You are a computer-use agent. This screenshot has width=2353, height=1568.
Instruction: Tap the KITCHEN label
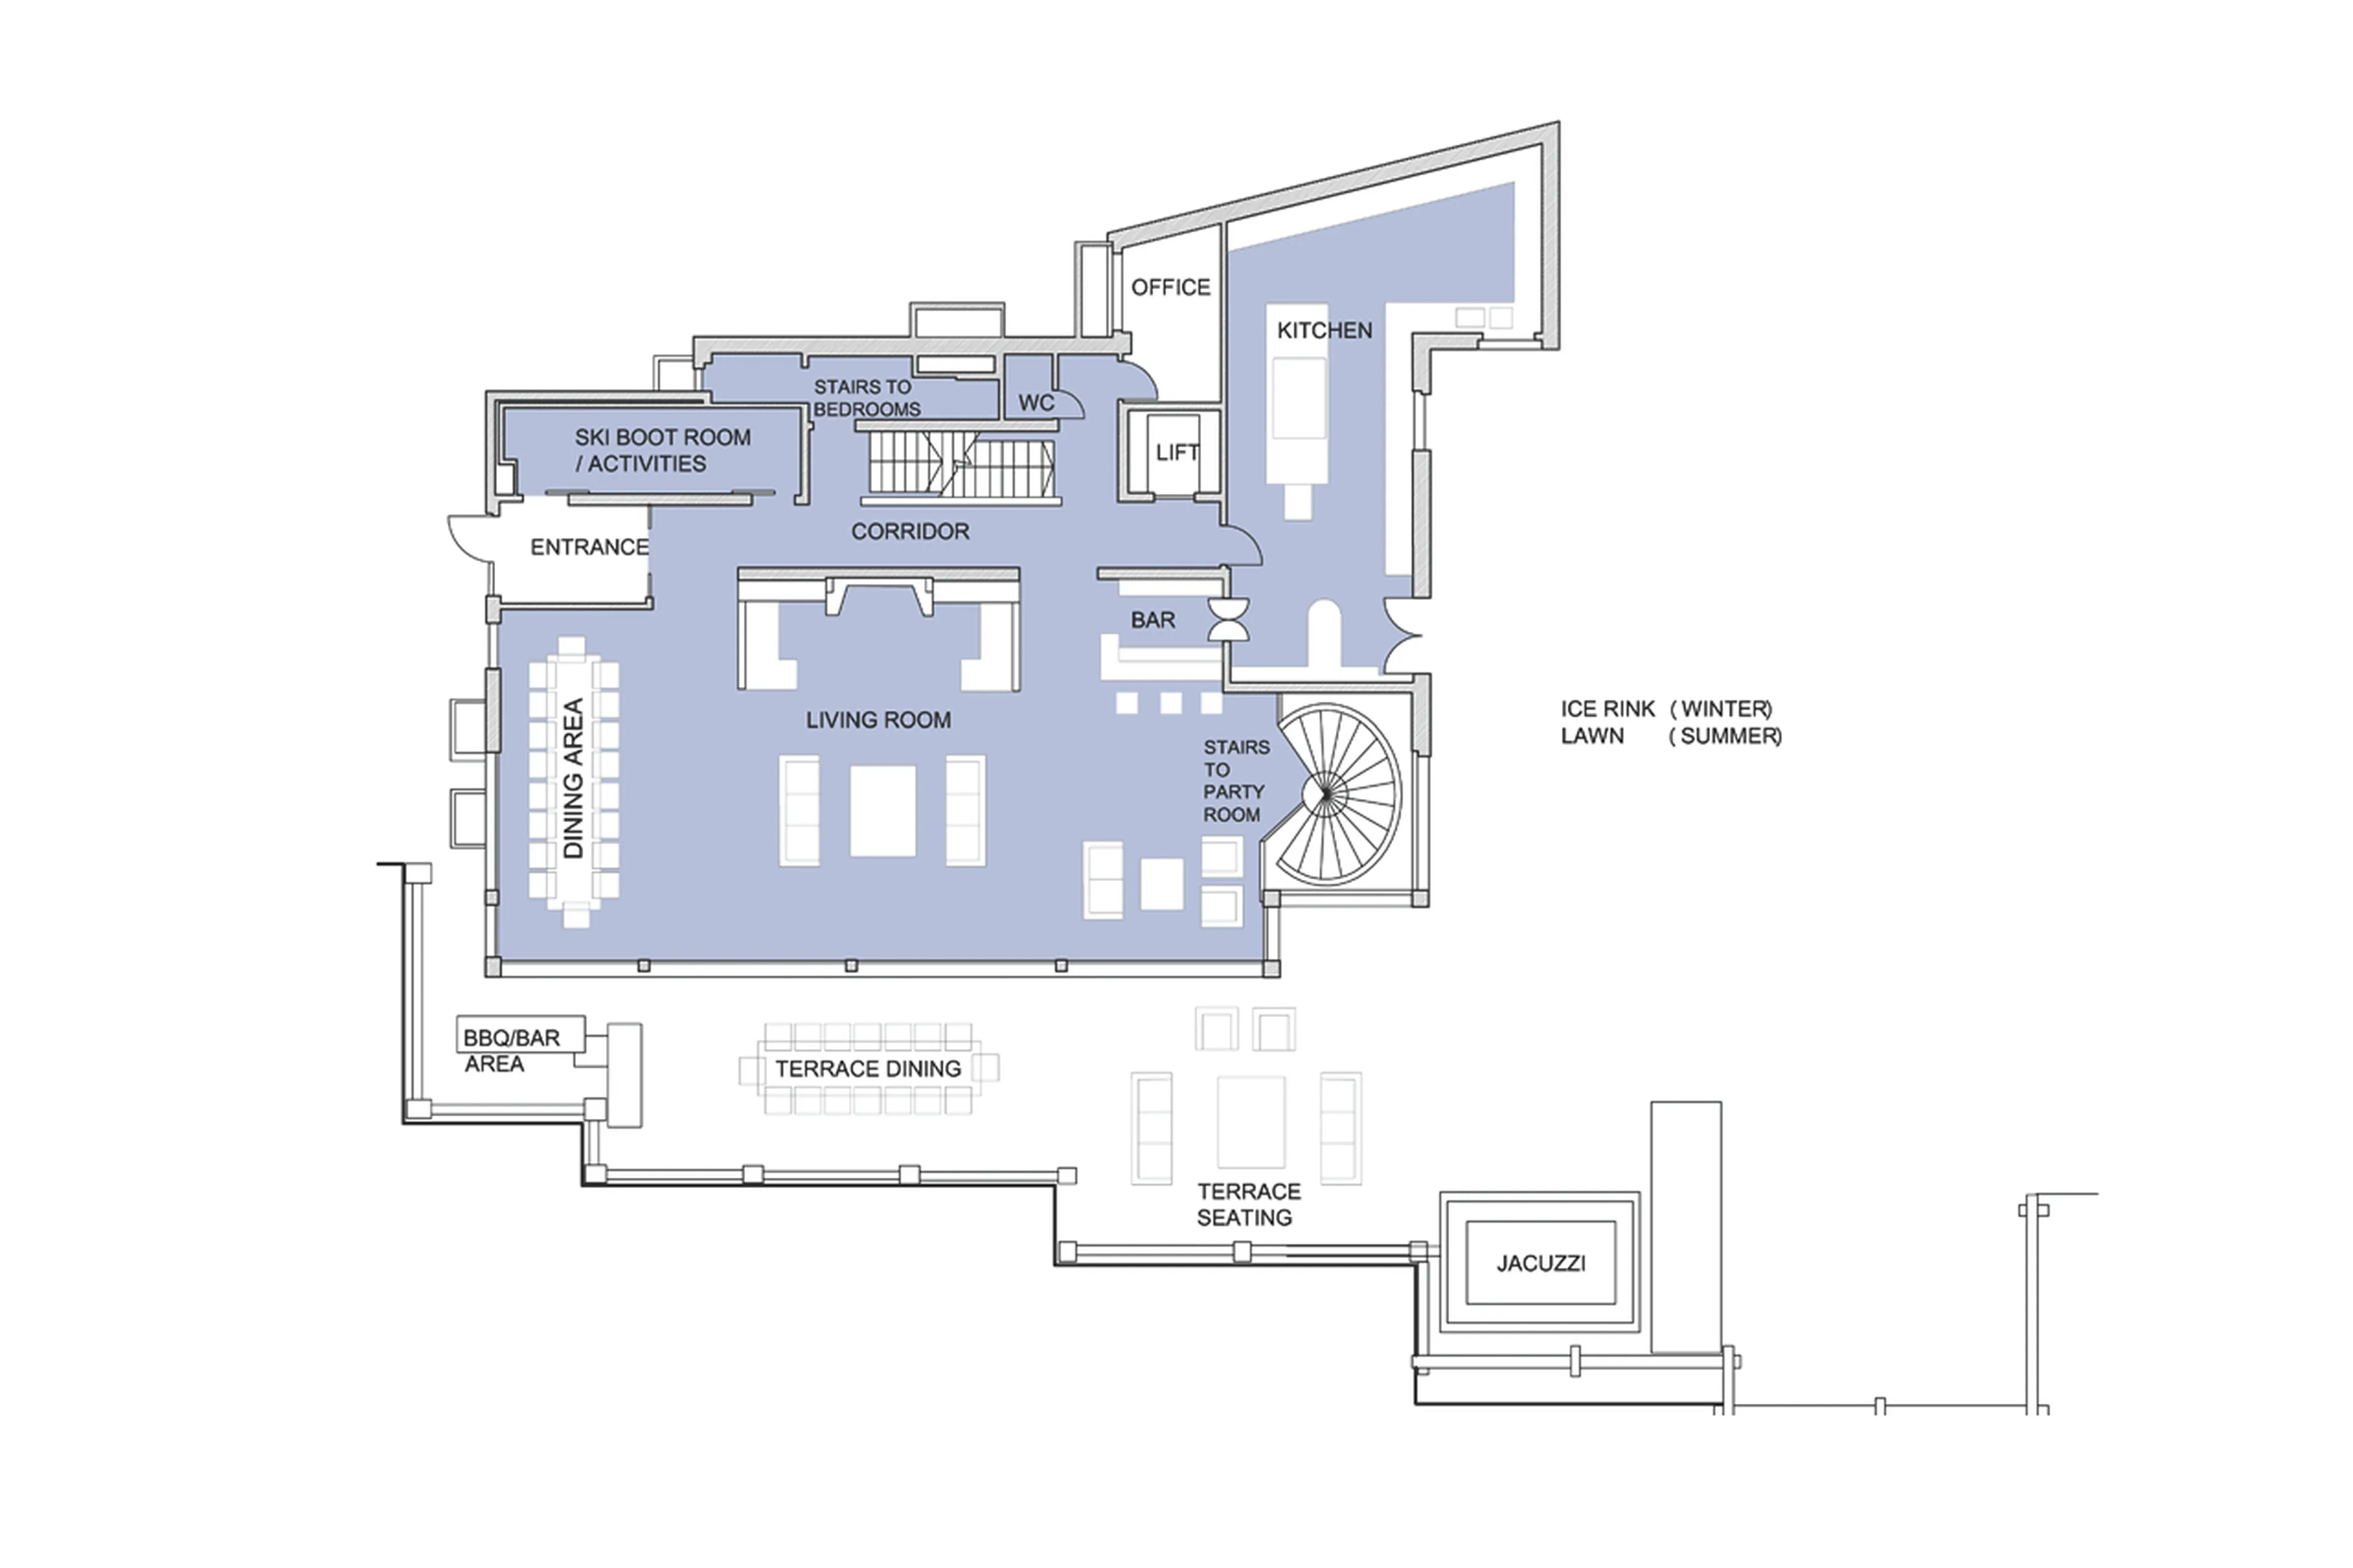pyautogui.click(x=1324, y=331)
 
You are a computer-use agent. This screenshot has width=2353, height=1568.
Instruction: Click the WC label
pyautogui.click(x=1036, y=403)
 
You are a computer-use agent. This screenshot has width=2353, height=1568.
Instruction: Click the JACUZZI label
pyautogui.click(x=1540, y=1263)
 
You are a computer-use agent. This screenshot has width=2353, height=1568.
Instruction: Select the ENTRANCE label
pyautogui.click(x=589, y=548)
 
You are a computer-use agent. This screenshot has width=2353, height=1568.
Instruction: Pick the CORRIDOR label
pyautogui.click(x=910, y=532)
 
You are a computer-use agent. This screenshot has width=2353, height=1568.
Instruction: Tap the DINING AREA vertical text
pyautogui.click(x=573, y=779)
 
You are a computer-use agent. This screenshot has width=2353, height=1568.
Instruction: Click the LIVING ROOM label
pyautogui.click(x=878, y=720)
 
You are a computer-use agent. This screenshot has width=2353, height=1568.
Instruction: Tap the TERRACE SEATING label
pyautogui.click(x=1248, y=1204)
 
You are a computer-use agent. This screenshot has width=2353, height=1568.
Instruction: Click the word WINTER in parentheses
pyautogui.click(x=1725, y=709)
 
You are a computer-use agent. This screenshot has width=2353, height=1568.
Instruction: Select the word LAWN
pyautogui.click(x=1592, y=736)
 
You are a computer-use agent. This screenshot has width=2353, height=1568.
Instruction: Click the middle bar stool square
pyautogui.click(x=1170, y=703)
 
